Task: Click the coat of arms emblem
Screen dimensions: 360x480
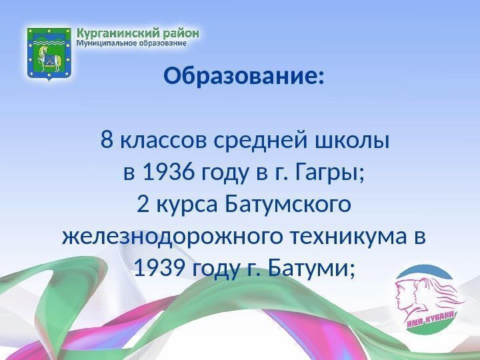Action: point(48,53)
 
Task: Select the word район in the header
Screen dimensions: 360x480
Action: point(179,32)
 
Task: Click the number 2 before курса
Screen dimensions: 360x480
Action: point(142,205)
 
